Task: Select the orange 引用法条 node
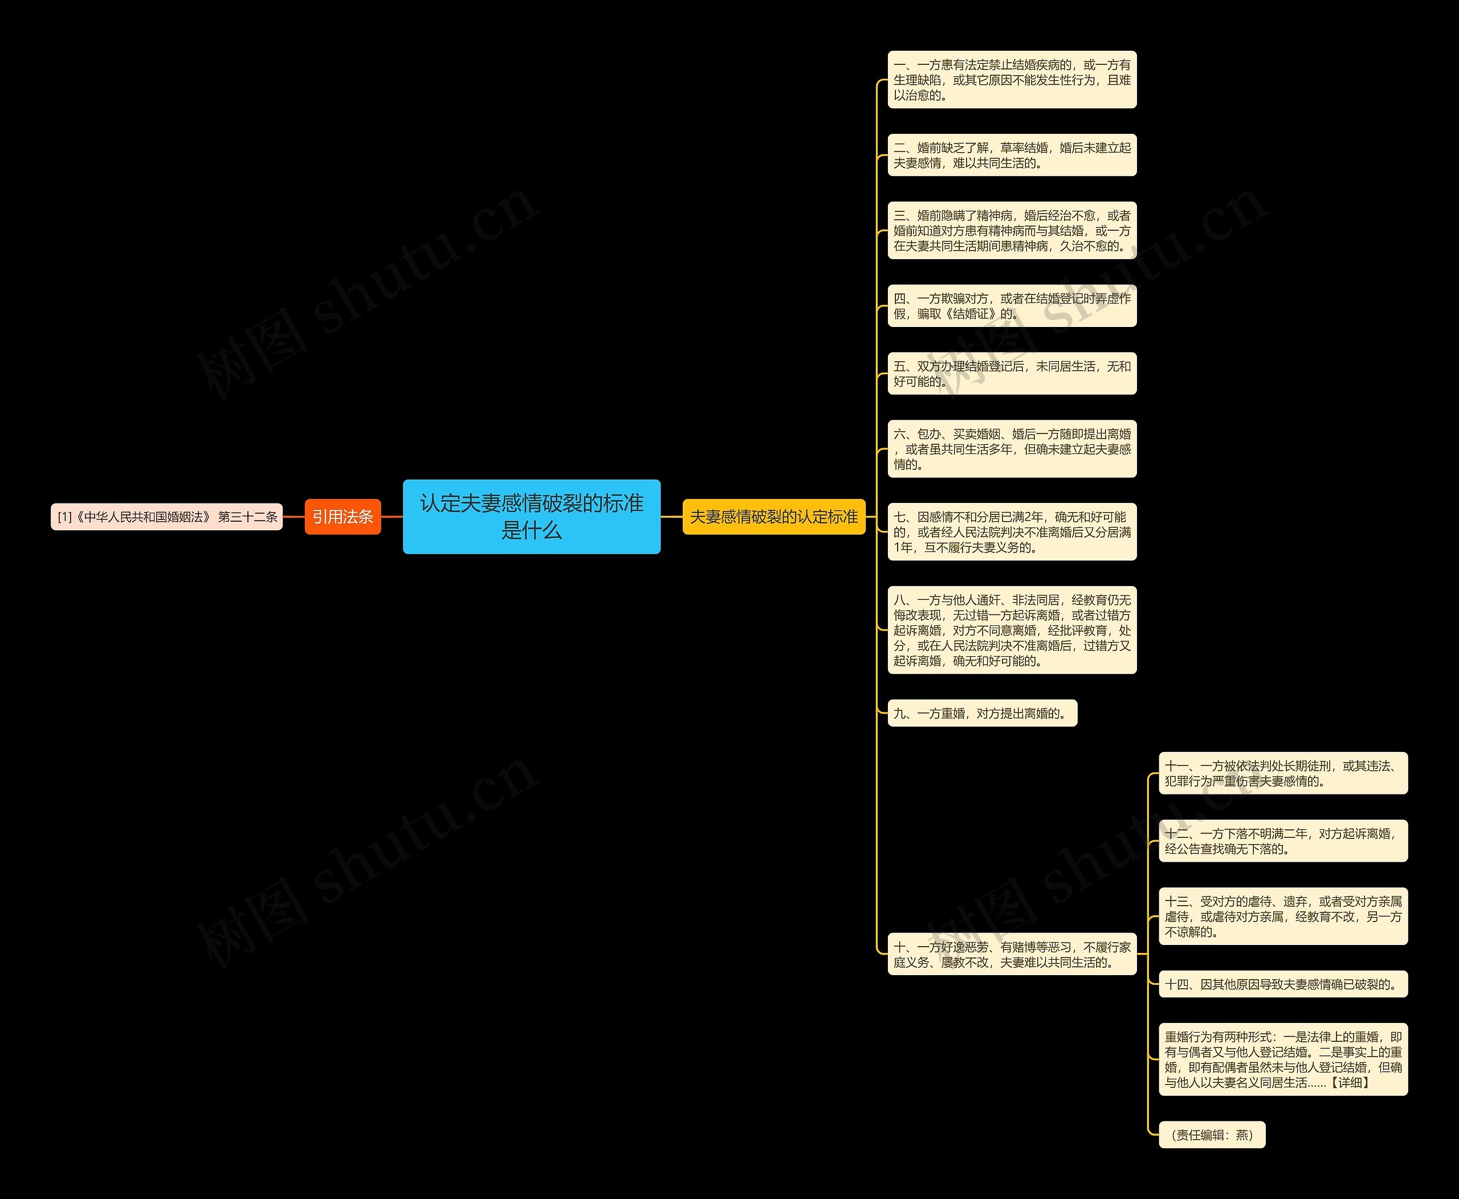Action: [342, 517]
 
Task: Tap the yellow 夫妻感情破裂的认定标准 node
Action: [773, 517]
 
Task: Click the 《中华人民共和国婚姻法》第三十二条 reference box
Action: [166, 517]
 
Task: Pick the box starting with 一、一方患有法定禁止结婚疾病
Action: [1011, 79]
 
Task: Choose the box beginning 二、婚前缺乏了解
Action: [1011, 155]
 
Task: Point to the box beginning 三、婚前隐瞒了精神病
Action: [1011, 231]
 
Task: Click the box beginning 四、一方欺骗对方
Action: [1011, 306]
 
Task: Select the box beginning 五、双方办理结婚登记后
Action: [1011, 374]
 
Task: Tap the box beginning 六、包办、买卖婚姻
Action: [1011, 449]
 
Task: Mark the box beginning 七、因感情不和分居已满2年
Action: [1011, 532]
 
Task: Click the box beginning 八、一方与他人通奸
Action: [1011, 630]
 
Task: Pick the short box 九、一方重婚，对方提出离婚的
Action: [981, 714]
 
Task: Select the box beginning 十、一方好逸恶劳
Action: [1011, 955]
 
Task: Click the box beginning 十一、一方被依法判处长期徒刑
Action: [1283, 774]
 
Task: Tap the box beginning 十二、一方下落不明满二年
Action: [1283, 841]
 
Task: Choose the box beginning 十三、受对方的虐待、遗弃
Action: [1283, 916]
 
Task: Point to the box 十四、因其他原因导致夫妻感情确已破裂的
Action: [1283, 984]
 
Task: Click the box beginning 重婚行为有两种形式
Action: [1283, 1059]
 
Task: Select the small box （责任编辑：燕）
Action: [1212, 1135]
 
